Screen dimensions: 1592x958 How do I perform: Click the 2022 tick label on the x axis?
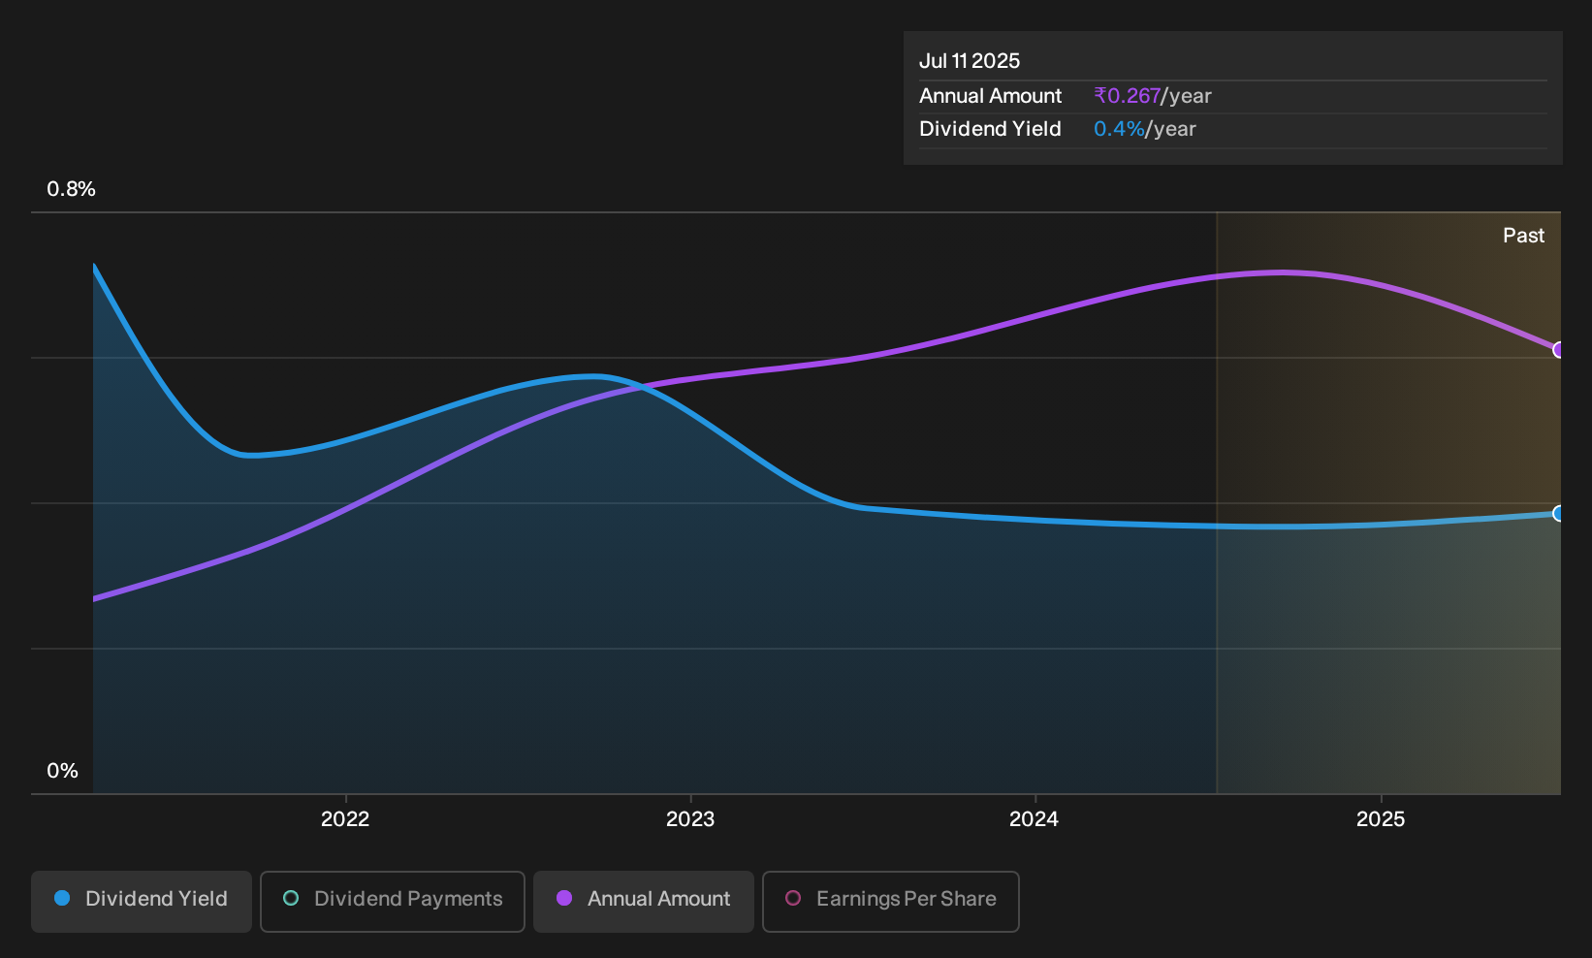[x=345, y=818]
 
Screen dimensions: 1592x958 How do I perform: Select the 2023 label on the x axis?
[x=690, y=818]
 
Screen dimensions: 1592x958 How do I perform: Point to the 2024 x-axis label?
[x=1035, y=818]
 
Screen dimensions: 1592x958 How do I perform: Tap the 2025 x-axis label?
[x=1381, y=818]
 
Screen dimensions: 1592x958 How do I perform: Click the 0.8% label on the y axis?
[x=71, y=189]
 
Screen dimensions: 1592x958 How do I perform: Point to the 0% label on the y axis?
[x=63, y=771]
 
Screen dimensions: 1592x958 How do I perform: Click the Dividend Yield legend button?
[x=142, y=901]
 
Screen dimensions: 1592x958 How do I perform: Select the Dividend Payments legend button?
[x=393, y=901]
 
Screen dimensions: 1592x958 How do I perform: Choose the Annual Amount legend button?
[x=643, y=901]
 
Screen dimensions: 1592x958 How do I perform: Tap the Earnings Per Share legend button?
[x=890, y=901]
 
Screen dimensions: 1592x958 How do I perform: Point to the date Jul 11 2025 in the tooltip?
[x=970, y=61]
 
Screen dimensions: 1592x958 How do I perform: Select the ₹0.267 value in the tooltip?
[x=1128, y=96]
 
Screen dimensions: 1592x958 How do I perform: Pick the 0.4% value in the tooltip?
[x=1120, y=129]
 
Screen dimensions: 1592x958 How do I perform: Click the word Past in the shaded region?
[x=1523, y=236]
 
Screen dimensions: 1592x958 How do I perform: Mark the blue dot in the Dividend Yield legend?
[x=63, y=898]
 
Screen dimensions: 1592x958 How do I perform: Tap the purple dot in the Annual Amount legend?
[x=564, y=898]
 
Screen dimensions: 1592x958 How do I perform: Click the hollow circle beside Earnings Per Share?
[x=793, y=898]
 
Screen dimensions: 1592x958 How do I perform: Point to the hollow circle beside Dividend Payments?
[x=291, y=898]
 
